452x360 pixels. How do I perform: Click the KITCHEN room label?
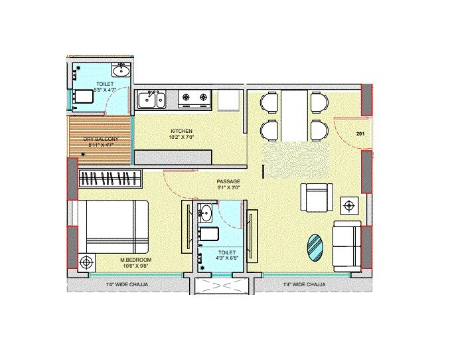tap(181, 131)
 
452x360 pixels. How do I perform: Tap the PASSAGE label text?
tap(228, 181)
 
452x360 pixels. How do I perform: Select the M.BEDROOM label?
tap(136, 259)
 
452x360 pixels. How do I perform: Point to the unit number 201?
tap(361, 134)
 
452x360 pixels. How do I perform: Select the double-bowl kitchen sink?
tap(151, 100)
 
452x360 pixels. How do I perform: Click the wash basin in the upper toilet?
tap(121, 70)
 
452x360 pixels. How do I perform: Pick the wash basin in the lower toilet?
tap(206, 214)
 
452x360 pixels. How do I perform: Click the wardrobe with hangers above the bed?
tap(110, 179)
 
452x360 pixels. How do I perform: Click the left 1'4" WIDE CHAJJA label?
tap(127, 285)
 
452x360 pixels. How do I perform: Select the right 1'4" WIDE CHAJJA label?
tap(304, 285)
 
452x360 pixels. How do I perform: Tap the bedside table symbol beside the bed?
tap(85, 263)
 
